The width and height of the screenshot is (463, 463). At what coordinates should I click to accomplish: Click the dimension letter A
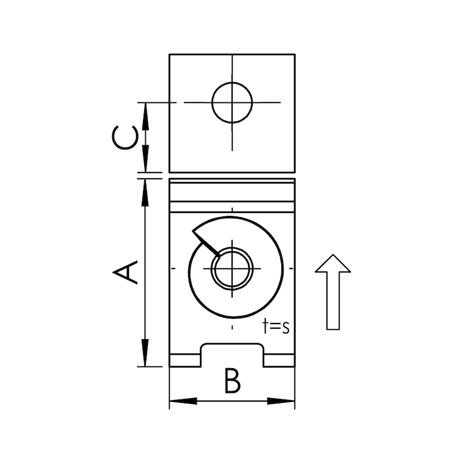[x=127, y=273]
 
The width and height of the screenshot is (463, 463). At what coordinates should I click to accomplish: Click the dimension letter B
[x=231, y=383]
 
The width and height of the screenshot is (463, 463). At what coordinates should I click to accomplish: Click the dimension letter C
[x=126, y=138]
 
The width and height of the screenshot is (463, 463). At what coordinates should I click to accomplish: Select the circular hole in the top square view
[x=233, y=102]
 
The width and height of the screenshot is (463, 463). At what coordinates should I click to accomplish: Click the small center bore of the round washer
[x=231, y=269]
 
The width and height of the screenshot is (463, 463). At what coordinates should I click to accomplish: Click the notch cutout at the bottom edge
[x=232, y=355]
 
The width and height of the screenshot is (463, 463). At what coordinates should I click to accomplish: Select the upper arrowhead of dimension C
[x=145, y=113]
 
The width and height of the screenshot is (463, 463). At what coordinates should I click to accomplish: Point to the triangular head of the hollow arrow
[x=333, y=263]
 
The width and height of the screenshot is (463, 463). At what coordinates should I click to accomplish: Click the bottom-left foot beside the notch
[x=185, y=360]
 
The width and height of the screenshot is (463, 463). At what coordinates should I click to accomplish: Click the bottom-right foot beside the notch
[x=279, y=360]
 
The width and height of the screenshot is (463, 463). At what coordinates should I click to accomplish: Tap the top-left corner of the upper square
[x=170, y=54]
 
